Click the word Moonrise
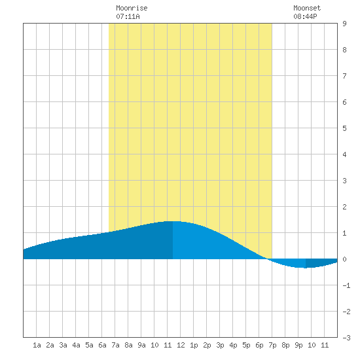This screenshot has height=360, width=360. coord(132,8)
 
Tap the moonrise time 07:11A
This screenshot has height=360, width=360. coord(128,16)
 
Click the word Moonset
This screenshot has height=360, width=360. coord(307,8)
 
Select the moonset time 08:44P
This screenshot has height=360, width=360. coord(305,16)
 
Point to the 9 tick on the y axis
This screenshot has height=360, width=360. coord(344,24)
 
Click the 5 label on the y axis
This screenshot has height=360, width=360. coord(344,128)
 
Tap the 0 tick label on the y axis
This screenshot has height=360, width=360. coord(344,259)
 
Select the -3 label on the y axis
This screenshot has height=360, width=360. coord(346,338)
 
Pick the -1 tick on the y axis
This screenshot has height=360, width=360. coord(346,285)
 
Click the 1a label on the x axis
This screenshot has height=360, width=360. coord(37,345)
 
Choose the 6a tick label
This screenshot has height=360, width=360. coord(102,345)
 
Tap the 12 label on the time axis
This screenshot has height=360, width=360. coord(181,345)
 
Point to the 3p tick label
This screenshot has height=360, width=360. coord(220,345)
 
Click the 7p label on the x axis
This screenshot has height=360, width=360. coord(272,345)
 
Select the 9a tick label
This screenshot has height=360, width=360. coord(141,345)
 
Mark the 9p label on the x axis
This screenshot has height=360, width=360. coord(298,345)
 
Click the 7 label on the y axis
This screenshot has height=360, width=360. coord(344,76)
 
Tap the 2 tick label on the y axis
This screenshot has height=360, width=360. coord(344,207)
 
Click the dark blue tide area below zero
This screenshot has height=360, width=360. coord(319,263)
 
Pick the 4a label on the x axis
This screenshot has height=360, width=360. coord(76,345)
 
